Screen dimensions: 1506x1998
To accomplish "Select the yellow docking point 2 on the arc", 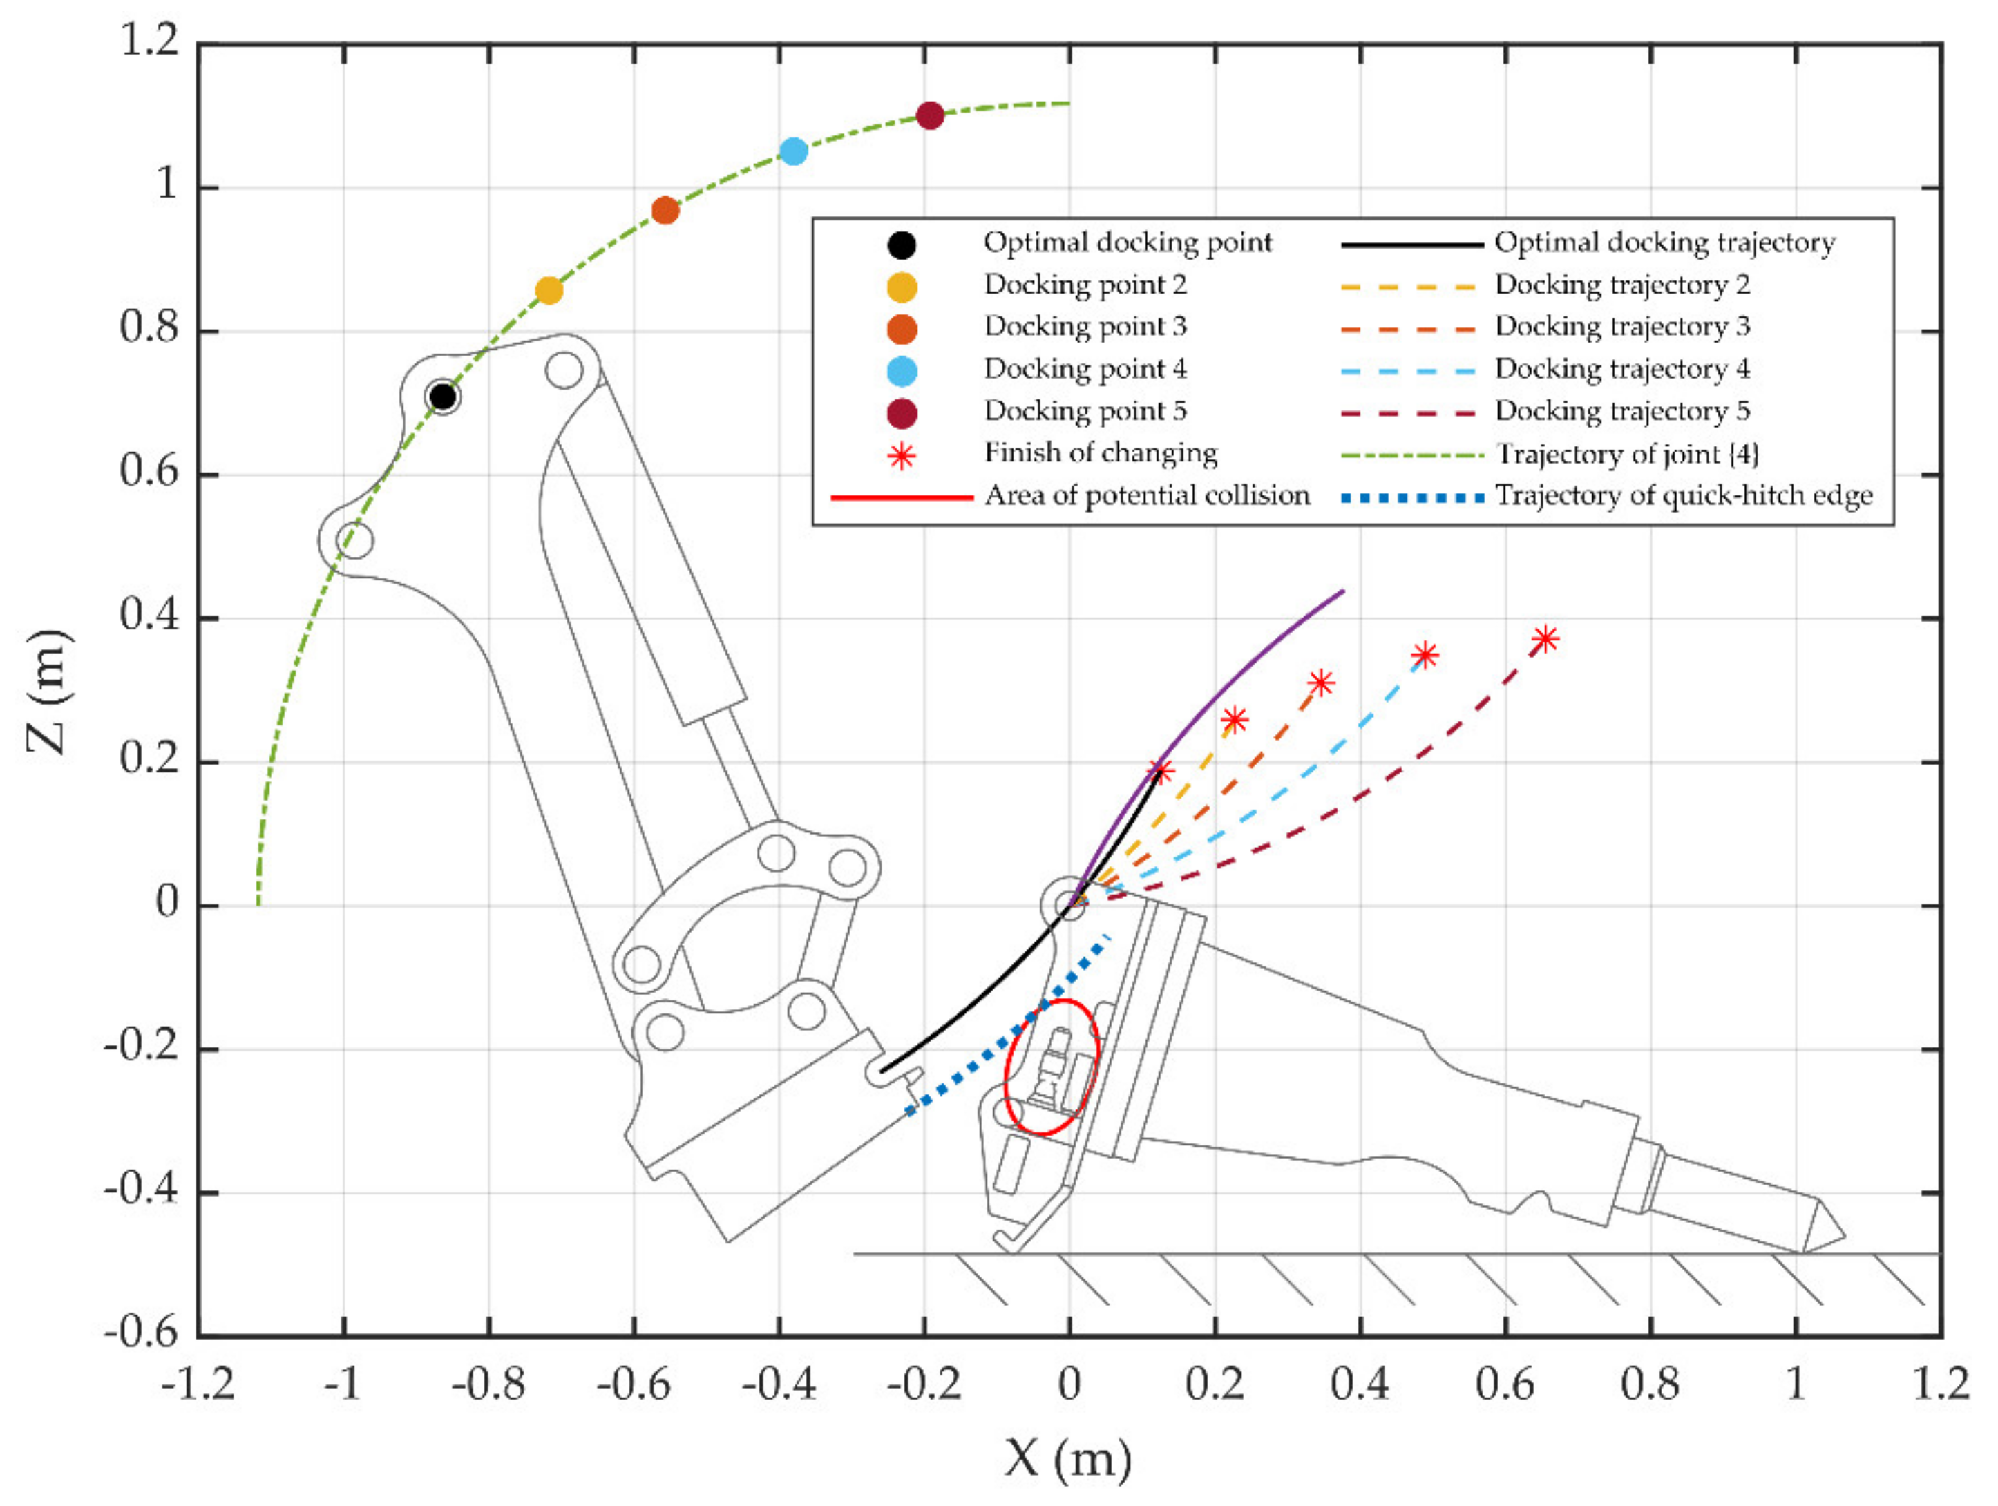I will click(x=549, y=291).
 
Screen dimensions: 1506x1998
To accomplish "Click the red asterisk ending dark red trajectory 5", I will click(x=1545, y=640).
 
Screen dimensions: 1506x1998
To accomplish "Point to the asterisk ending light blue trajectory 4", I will click(x=1425, y=655).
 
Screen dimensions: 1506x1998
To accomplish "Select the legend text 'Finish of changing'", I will click(x=1100, y=452).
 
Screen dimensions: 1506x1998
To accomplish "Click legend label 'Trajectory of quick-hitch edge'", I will click(x=1684, y=496).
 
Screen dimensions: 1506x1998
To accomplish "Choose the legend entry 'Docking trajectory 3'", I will click(x=1622, y=326).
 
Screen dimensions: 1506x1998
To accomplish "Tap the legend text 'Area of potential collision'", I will click(x=1146, y=496).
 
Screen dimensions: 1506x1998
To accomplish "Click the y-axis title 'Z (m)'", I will click(x=47, y=691).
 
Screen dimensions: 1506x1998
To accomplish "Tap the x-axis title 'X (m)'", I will click(x=1067, y=1457).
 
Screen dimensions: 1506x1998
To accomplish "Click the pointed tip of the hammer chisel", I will click(x=1843, y=1235).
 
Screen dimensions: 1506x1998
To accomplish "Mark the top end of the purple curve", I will click(x=1343, y=592).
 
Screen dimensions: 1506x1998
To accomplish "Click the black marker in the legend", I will click(x=902, y=245).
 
